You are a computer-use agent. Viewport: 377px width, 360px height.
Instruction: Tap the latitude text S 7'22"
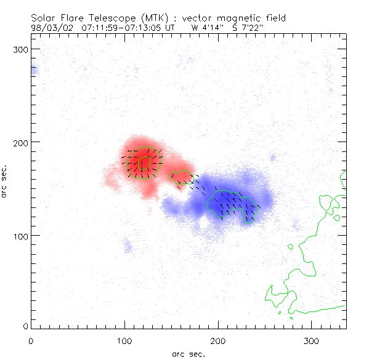click(x=247, y=28)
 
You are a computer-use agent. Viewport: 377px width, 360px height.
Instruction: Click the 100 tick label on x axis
click(x=124, y=340)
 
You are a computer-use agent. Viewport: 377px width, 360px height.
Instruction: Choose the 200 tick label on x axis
click(x=218, y=340)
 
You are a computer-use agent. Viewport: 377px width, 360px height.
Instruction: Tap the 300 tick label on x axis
click(x=312, y=340)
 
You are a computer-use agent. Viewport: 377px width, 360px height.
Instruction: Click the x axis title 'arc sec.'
click(x=188, y=353)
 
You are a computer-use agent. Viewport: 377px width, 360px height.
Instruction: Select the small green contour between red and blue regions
click(x=182, y=178)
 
